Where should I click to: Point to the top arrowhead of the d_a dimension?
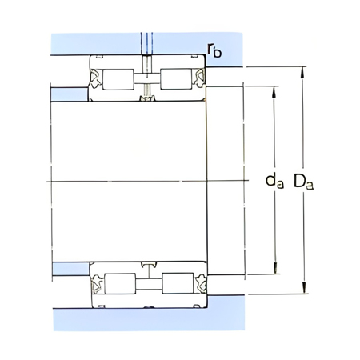click(x=275, y=87)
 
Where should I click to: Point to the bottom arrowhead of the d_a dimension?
click(x=275, y=273)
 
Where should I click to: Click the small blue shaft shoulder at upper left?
click(x=68, y=94)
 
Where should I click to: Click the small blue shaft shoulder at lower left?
click(x=68, y=268)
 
